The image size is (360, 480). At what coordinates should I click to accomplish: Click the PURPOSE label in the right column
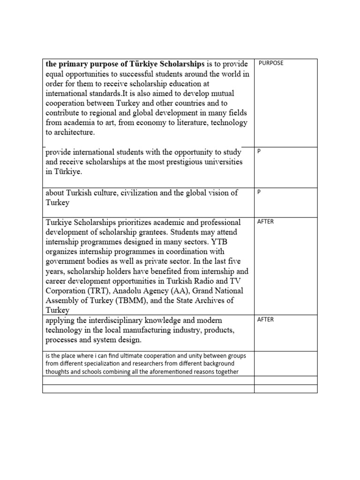(x=271, y=63)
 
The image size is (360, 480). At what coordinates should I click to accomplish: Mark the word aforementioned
(x=167, y=372)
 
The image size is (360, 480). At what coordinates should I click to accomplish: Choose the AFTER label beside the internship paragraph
(x=265, y=222)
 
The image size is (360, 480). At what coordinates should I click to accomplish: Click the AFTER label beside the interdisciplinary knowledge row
(x=265, y=320)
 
